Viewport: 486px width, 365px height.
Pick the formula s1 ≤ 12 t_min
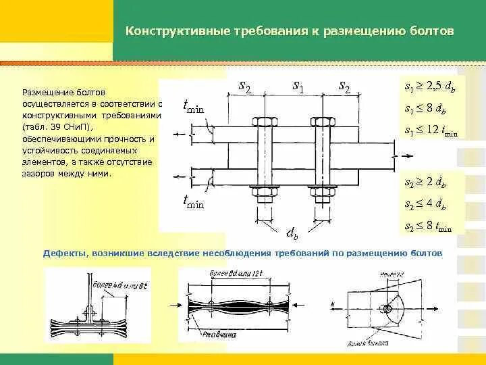[x=430, y=130]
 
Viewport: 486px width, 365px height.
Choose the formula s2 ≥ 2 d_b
[x=425, y=183]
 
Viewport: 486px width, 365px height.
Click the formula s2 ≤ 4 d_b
[x=425, y=204]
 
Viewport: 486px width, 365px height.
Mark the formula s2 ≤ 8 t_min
[x=427, y=225]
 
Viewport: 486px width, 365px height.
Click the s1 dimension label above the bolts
[x=298, y=85]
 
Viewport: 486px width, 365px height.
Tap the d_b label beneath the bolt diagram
[x=292, y=234]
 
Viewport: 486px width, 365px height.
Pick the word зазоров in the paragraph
[x=39, y=174]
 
